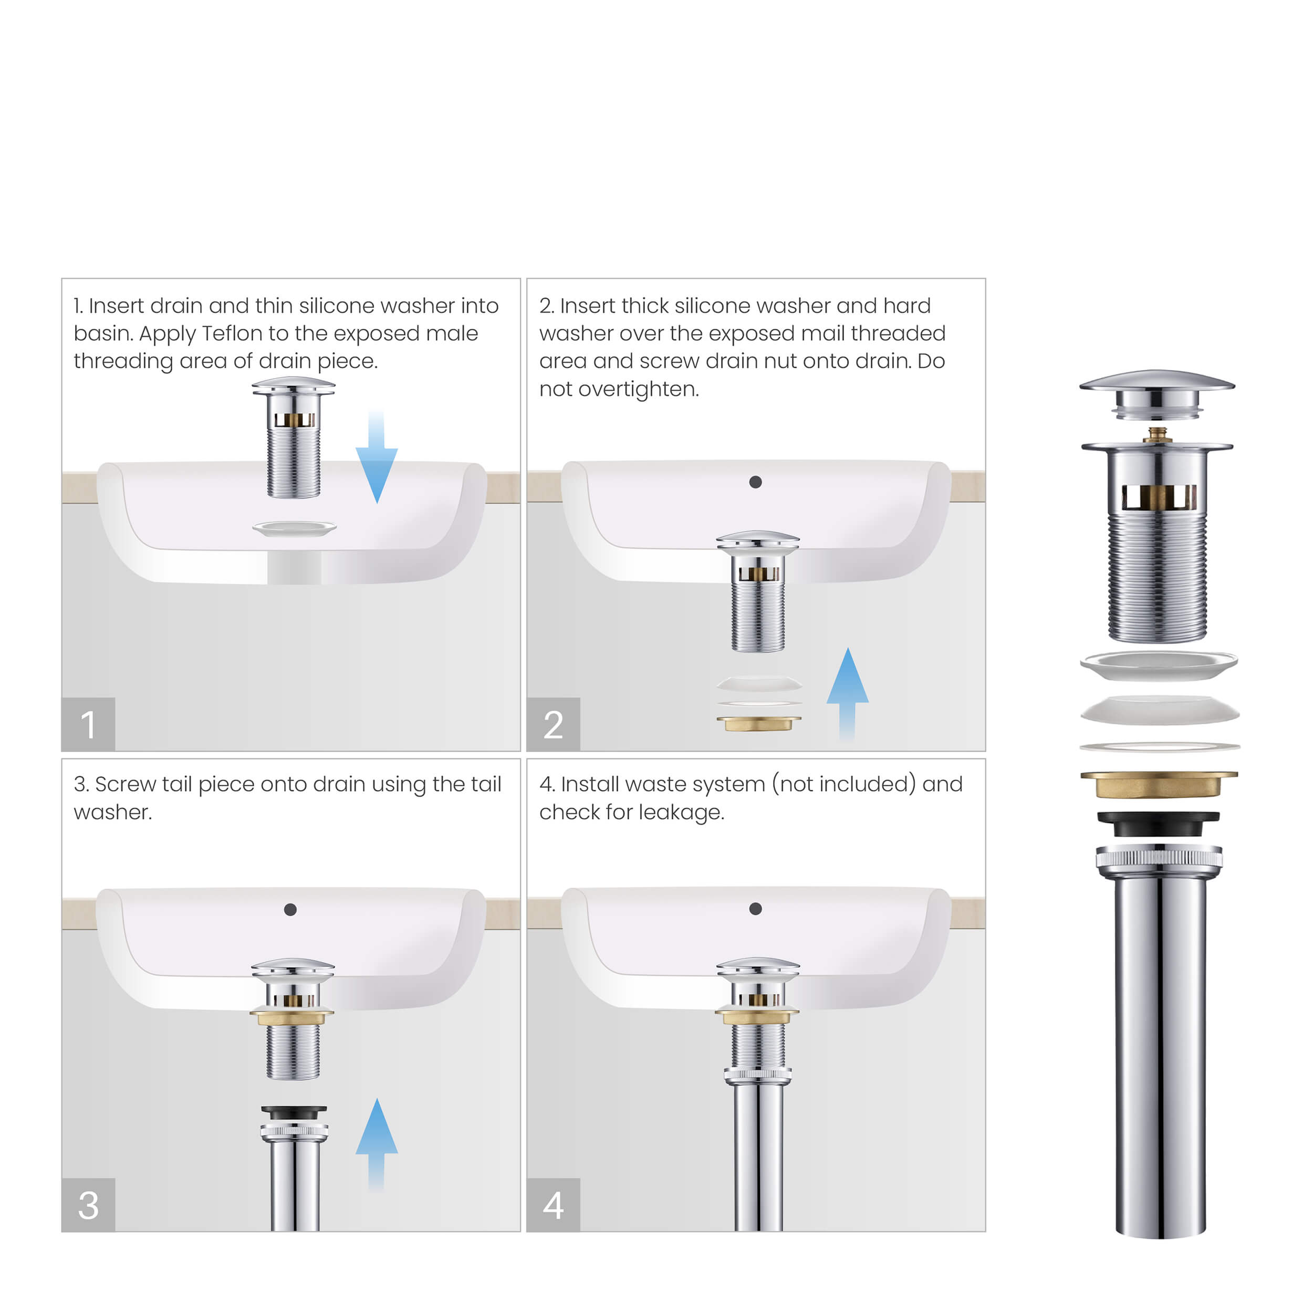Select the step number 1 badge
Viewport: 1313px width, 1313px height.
tap(88, 724)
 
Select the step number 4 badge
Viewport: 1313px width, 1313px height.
tap(553, 1205)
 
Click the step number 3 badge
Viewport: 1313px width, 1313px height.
tap(88, 1205)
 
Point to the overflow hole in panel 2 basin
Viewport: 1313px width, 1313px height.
tap(755, 482)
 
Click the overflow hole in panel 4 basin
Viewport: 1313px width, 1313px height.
tap(755, 909)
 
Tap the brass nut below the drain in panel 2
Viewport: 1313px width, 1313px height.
tap(758, 723)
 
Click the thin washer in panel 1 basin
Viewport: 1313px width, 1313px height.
tap(294, 528)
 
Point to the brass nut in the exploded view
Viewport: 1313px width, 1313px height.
tap(1158, 784)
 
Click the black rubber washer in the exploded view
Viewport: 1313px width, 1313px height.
tap(1158, 824)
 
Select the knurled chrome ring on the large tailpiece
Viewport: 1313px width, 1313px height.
tap(1158, 858)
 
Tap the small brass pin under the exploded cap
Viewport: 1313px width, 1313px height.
tap(1158, 434)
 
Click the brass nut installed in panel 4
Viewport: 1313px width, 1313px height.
tap(756, 1017)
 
